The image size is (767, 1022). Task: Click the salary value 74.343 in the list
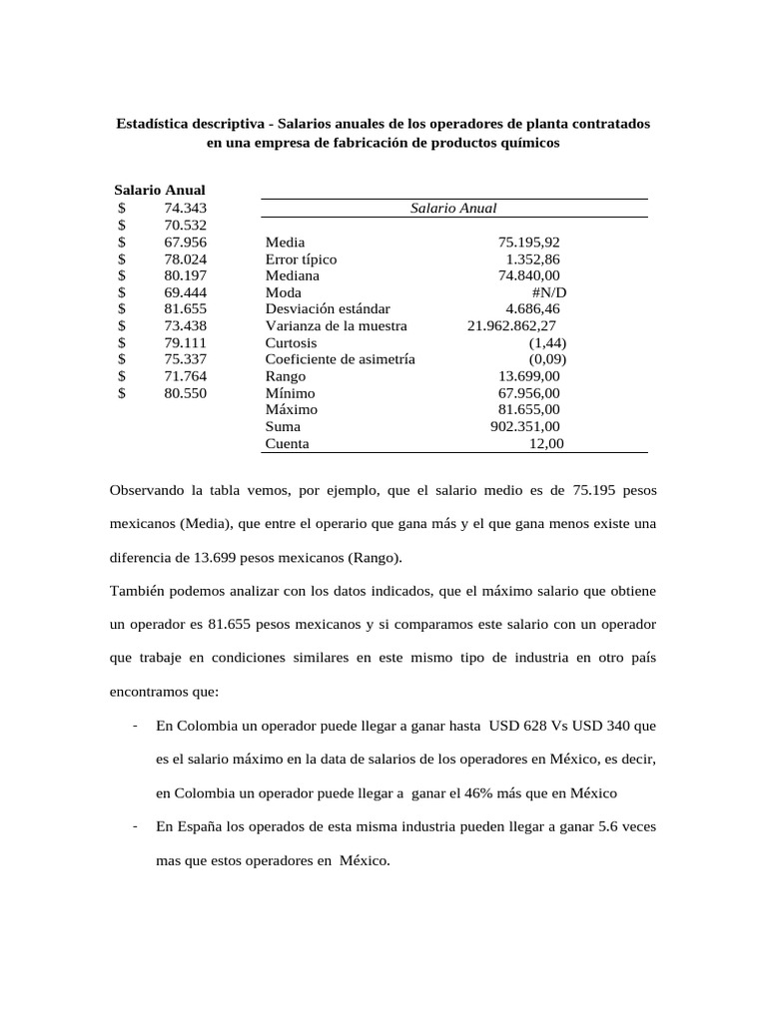click(185, 208)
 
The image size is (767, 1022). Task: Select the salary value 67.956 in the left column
click(185, 242)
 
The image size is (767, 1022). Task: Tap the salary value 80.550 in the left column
click(185, 393)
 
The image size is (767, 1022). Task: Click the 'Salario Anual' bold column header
click(160, 190)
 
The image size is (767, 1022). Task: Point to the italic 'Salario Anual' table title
click(453, 208)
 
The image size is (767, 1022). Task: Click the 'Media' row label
click(286, 242)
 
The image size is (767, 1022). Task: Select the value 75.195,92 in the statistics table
click(528, 242)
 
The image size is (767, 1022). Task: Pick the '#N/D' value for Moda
click(548, 292)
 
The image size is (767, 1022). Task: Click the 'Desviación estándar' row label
click(328, 309)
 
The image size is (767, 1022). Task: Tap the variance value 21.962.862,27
click(511, 325)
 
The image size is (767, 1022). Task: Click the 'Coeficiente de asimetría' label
click(340, 359)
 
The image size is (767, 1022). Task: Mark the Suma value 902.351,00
click(524, 426)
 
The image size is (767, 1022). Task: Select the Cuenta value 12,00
click(545, 443)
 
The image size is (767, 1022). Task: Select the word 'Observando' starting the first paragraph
click(146, 490)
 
